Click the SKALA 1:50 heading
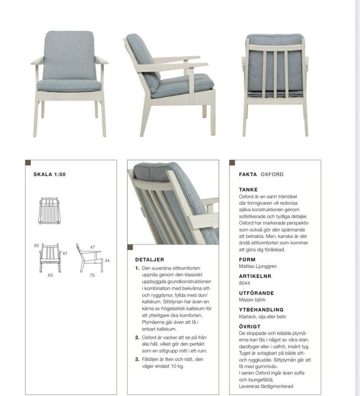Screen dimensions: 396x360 click(49, 174)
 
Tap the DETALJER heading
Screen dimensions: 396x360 click(150, 260)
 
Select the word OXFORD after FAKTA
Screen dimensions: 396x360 click(272, 174)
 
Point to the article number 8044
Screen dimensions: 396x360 click(245, 283)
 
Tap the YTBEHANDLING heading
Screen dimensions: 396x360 click(261, 309)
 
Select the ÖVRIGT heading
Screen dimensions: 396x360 click(249, 326)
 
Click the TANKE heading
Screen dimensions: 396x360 click(248, 189)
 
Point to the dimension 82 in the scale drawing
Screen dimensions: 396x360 click(36, 245)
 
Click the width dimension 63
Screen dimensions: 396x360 click(50, 275)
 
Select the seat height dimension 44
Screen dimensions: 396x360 click(108, 261)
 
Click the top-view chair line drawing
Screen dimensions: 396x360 click(49, 210)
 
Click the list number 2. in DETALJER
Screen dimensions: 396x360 click(137, 337)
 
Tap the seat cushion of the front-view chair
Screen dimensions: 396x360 click(69, 85)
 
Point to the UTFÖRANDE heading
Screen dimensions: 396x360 click(256, 293)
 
